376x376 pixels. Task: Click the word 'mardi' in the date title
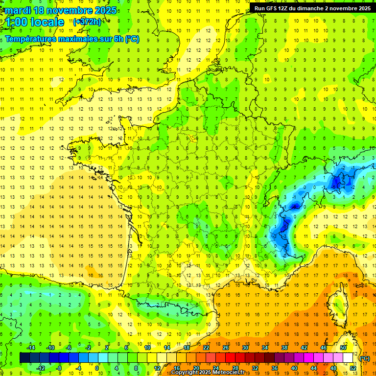click(x=18, y=10)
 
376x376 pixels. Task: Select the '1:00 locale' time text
click(x=34, y=22)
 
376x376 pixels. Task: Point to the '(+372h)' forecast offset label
click(x=87, y=22)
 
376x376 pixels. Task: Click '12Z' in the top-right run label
click(x=285, y=8)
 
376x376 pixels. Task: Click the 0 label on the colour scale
click(x=97, y=368)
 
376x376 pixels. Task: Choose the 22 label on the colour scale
click(x=206, y=348)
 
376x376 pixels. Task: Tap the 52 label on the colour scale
click(x=353, y=368)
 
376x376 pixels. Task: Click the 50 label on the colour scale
click(x=343, y=348)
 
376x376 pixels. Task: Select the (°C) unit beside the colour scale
click(x=364, y=358)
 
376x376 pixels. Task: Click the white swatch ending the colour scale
click(x=348, y=358)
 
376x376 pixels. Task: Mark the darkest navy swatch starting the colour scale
click(x=24, y=358)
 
